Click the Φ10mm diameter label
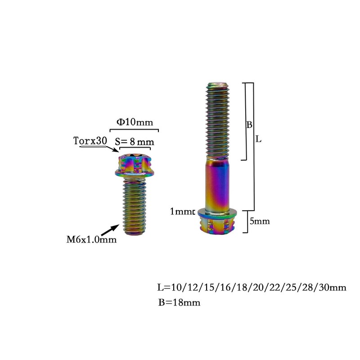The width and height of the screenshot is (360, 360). coord(135,122)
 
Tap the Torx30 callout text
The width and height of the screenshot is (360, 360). coord(90,141)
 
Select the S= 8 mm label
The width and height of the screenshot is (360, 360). coord(135,142)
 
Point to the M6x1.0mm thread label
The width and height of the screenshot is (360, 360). coord(91,240)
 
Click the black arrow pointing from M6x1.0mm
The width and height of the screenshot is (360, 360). coord(110,230)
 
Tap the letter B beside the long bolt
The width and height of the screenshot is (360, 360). coord(249,125)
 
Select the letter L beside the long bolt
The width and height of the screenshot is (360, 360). coord(258,139)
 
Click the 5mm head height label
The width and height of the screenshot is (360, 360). coord(260,221)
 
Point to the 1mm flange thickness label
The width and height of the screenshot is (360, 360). coord(182,211)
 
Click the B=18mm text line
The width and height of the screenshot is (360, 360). coord(179,302)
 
